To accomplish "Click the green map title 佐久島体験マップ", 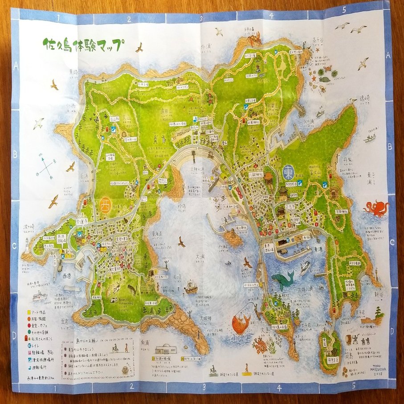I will click(83, 45).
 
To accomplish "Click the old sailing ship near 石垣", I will click(191, 287).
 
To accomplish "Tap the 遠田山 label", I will click(167, 111).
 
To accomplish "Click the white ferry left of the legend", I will click(39, 296).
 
